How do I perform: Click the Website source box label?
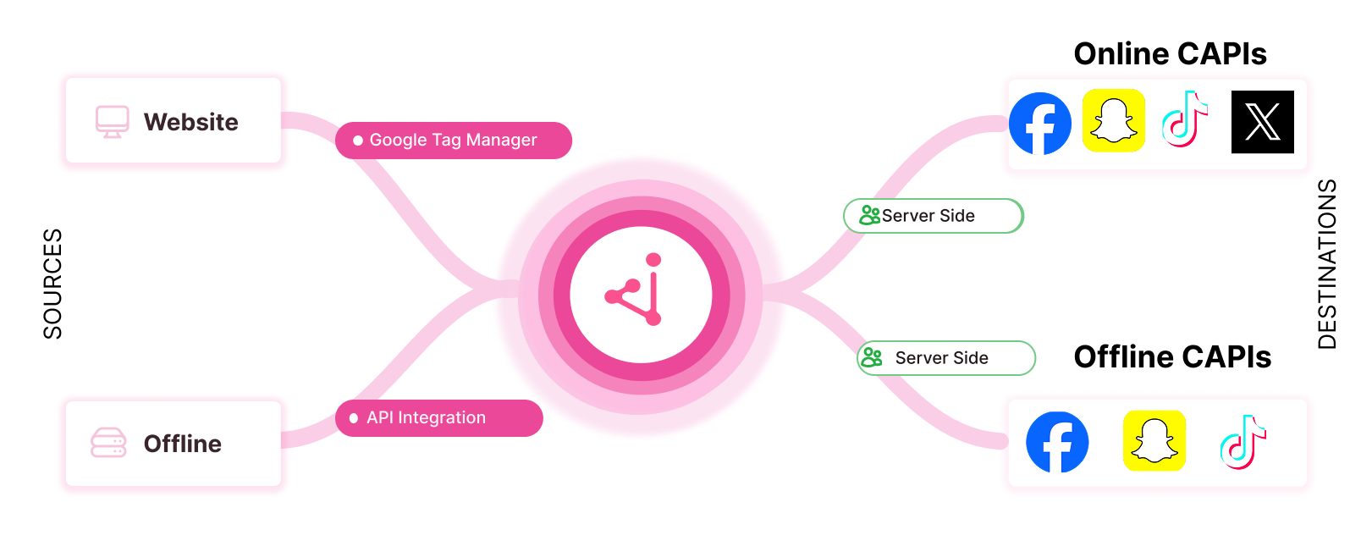pos(190,122)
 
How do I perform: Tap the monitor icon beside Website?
pos(113,122)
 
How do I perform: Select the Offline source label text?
pos(183,444)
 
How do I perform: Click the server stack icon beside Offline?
pos(108,443)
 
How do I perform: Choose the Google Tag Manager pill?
pos(453,141)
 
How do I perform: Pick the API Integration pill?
pos(438,418)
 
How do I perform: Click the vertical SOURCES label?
pos(52,284)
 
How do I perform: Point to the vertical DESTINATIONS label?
pos(1327,264)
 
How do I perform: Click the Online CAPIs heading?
pos(1170,54)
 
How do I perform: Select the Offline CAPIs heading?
pos(1172,357)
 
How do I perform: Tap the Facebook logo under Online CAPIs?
pos(1040,124)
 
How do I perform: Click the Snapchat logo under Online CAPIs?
pos(1114,121)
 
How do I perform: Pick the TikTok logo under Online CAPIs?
pos(1185,120)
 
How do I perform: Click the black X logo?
pos(1262,122)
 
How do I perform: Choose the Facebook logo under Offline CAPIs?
pos(1057,442)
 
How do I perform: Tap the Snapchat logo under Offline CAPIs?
pos(1154,441)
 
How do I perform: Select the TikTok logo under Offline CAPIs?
pos(1243,442)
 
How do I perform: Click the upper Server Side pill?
pos(933,216)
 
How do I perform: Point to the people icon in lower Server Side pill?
pos(871,358)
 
